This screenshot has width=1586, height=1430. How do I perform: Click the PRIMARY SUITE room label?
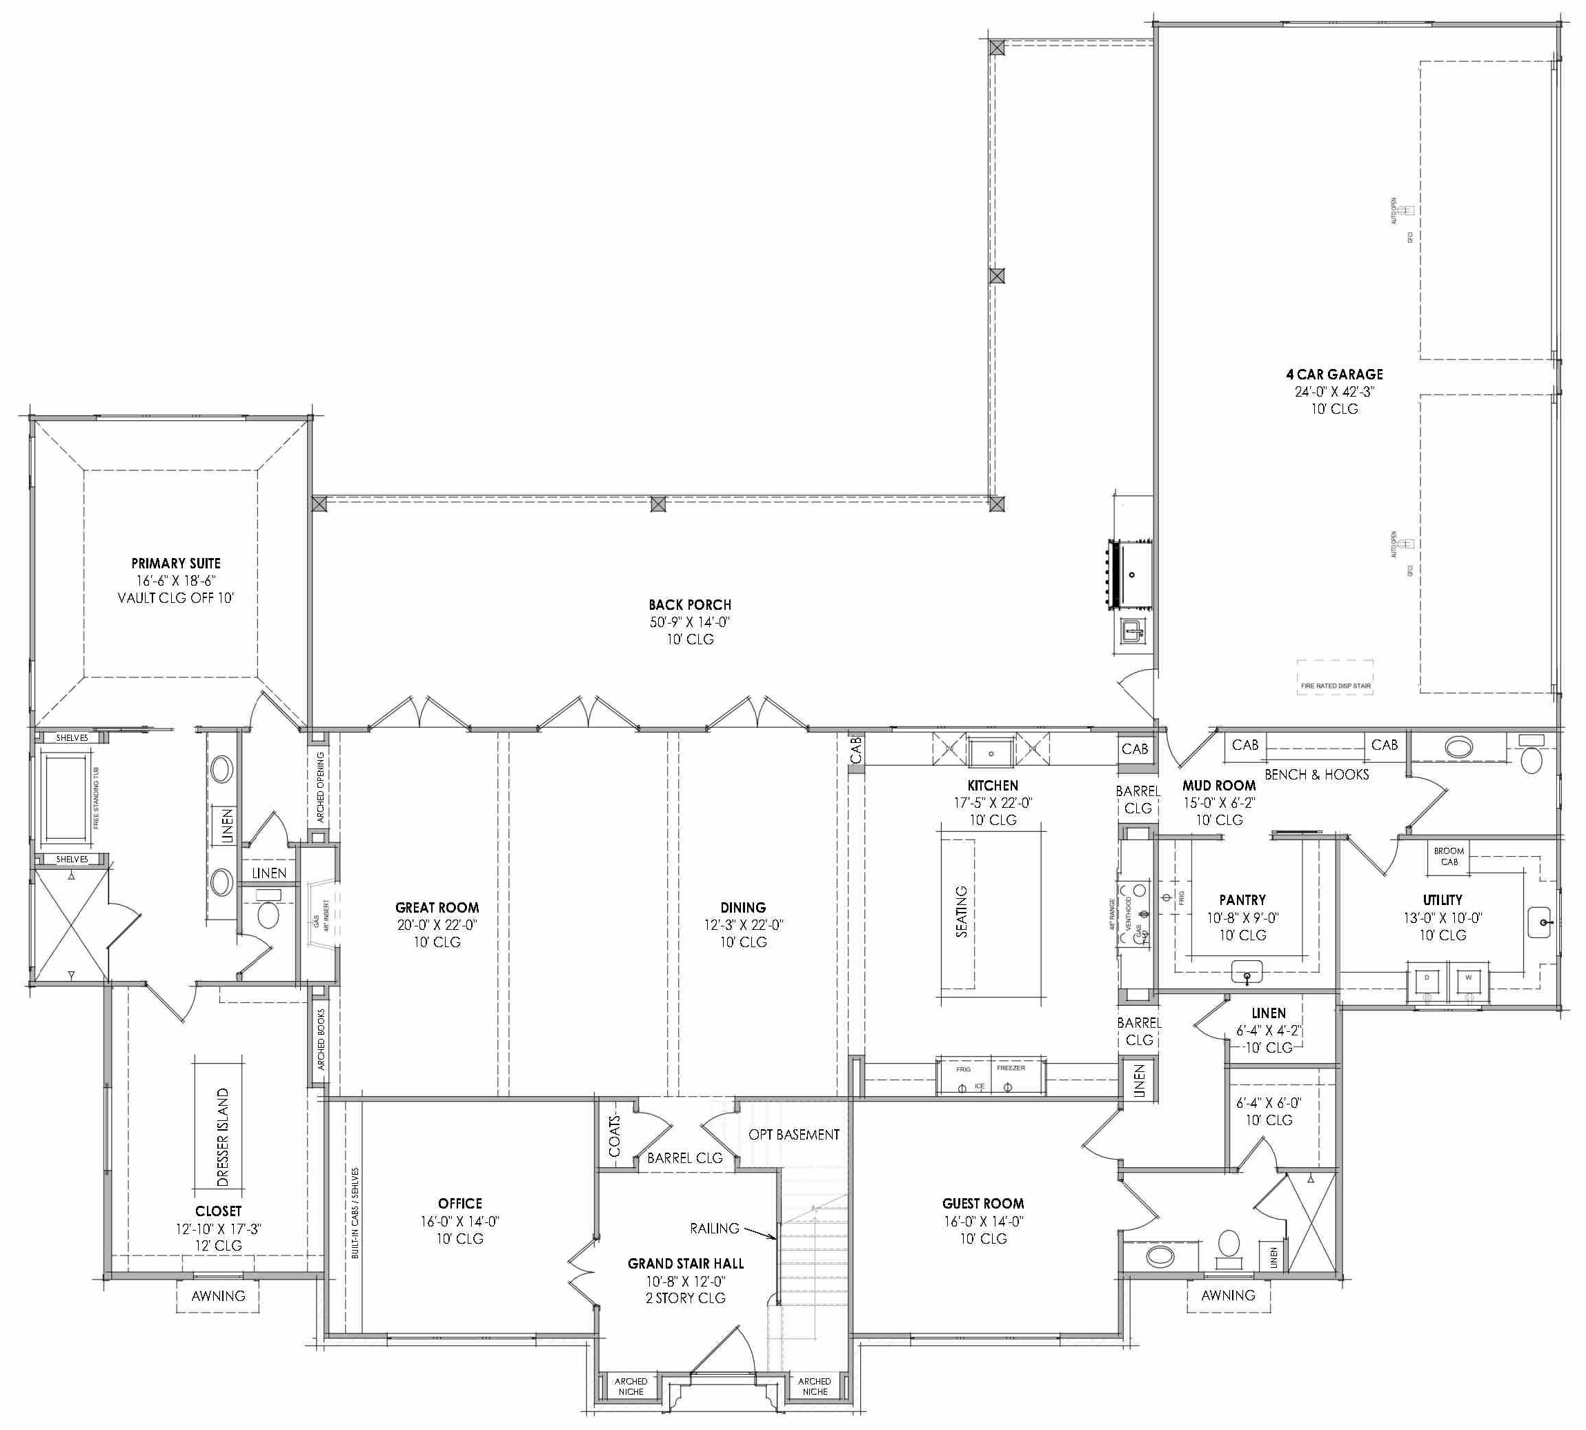[176, 564]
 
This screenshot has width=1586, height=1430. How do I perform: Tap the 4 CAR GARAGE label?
[1334, 375]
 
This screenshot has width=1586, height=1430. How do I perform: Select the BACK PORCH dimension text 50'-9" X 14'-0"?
[689, 622]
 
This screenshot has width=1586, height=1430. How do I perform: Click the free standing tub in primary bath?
[66, 797]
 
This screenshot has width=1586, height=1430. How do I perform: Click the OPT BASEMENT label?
[794, 1135]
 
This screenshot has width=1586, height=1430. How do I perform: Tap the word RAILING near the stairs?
[715, 1228]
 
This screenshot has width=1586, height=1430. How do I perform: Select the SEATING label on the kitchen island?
[961, 911]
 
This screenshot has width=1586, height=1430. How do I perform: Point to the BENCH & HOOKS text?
[1316, 775]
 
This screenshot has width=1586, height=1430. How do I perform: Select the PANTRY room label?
[1242, 900]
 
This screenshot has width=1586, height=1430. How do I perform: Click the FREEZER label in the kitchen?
[1010, 1068]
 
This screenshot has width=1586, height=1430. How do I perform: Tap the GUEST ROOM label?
[982, 1204]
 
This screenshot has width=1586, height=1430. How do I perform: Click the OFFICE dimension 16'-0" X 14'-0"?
[459, 1221]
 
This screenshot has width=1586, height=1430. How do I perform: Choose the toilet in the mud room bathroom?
[1532, 758]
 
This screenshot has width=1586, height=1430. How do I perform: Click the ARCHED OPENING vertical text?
[321, 786]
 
